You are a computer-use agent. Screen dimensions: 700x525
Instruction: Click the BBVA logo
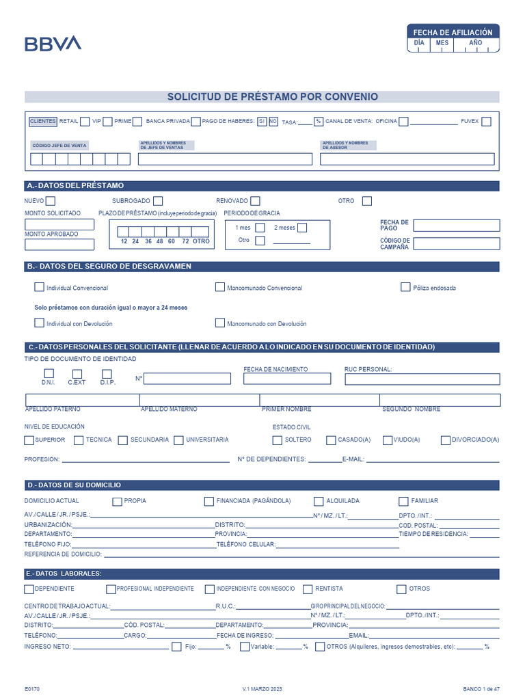click(53, 44)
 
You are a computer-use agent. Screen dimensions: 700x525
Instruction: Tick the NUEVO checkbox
click(50, 201)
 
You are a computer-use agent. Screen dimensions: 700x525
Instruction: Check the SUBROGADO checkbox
click(158, 201)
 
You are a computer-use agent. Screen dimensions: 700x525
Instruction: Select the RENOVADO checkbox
click(255, 201)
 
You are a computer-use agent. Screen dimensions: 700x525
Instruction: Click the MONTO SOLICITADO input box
click(59, 224)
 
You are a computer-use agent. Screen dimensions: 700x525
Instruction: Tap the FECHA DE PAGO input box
click(456, 226)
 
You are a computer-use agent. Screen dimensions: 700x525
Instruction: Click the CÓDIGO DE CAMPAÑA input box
click(456, 243)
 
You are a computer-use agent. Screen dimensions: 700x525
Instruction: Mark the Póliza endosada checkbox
click(405, 287)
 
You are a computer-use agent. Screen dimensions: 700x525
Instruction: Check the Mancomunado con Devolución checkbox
click(220, 323)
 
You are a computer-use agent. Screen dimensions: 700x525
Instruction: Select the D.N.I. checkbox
click(49, 373)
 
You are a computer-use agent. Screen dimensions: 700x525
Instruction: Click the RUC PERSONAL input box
click(422, 379)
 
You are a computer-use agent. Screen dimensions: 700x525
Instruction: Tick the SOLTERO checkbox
click(277, 440)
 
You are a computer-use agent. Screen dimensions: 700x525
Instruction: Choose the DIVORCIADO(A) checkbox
click(446, 440)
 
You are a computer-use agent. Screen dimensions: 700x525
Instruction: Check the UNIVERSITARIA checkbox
click(179, 440)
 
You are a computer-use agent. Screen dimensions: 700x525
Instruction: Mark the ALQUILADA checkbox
click(319, 501)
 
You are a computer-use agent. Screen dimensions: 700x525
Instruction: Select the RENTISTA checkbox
click(308, 589)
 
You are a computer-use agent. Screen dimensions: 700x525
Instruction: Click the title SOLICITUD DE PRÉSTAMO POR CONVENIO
click(272, 97)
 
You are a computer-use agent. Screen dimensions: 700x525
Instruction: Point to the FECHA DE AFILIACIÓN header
click(453, 32)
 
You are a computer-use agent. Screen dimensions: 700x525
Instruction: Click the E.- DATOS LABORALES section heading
click(64, 574)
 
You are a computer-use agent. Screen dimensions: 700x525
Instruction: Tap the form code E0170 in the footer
click(32, 689)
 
